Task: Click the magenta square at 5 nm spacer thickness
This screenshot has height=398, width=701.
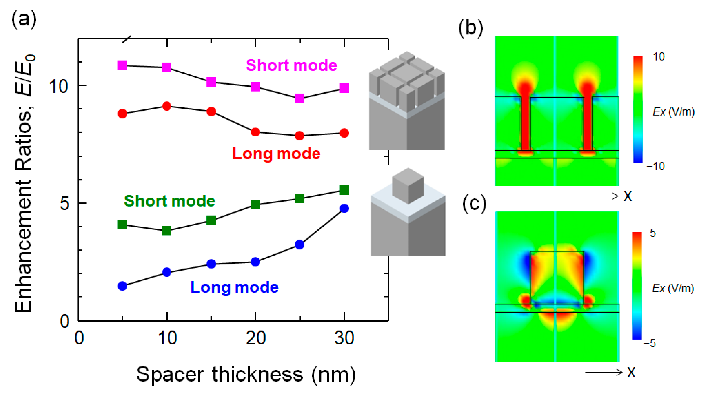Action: [122, 65]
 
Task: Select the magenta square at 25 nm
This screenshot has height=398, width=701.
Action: [299, 98]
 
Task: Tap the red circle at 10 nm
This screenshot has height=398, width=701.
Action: [167, 106]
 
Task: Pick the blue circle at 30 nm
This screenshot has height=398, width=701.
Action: [344, 208]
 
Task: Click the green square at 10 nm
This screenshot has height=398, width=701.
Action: [167, 230]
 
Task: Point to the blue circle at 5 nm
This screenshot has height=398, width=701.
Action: [122, 286]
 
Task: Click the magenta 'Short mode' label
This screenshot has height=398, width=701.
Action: [291, 65]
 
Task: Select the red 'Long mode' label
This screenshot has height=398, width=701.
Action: [276, 154]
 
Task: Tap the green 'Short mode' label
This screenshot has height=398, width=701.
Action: [169, 201]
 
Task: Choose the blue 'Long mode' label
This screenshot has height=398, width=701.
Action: [234, 287]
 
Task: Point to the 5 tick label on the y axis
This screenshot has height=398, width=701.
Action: [64, 203]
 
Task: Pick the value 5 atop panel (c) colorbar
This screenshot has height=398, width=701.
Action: [653, 233]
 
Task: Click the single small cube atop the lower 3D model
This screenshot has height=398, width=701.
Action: [408, 186]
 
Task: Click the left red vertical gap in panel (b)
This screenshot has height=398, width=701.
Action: [525, 123]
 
